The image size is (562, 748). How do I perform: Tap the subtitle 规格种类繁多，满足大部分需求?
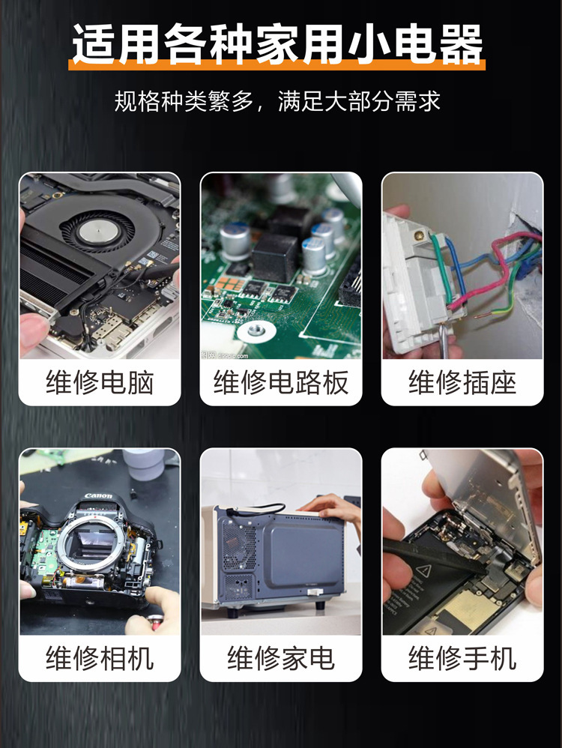[277, 101]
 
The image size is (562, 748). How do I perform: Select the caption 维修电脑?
[100, 382]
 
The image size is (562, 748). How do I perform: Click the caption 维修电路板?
[281, 382]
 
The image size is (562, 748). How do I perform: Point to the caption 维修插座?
[462, 382]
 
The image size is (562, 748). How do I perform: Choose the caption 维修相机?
[100, 658]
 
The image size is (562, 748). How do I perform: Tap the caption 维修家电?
[281, 658]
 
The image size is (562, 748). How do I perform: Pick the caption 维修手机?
[462, 658]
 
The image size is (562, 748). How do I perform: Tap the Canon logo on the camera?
[98, 496]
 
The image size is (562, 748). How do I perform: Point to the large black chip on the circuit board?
[274, 255]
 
